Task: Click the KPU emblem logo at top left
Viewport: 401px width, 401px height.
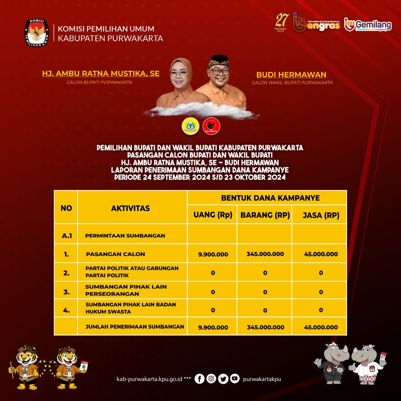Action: [x=36, y=33]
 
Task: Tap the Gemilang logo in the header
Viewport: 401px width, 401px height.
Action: [x=368, y=25]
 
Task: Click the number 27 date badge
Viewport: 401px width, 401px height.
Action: [x=282, y=22]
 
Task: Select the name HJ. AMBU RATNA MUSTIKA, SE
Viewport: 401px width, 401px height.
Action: [x=101, y=74]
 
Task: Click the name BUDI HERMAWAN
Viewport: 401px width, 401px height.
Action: [x=291, y=75]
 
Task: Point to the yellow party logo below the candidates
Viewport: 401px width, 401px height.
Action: [x=190, y=126]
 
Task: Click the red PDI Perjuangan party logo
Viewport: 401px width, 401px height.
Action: [x=211, y=126]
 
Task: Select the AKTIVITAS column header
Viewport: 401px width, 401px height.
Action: [x=130, y=208]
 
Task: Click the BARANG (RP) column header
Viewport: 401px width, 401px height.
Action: [x=265, y=215]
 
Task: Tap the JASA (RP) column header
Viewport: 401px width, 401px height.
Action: [x=321, y=215]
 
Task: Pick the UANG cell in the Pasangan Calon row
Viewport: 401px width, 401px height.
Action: [x=213, y=254]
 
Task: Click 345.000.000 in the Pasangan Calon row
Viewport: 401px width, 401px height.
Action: [x=265, y=254]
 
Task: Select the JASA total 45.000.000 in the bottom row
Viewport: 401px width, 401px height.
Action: [x=321, y=327]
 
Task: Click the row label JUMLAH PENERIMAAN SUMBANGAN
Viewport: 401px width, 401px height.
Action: [x=135, y=327]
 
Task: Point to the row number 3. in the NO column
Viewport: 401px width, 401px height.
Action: [x=66, y=292]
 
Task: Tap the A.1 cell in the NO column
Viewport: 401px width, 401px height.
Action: [x=67, y=235]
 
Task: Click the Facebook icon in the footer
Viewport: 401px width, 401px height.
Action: [x=199, y=379]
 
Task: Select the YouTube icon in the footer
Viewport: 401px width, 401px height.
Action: [x=235, y=379]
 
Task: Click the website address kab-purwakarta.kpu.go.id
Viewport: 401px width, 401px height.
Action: [x=150, y=379]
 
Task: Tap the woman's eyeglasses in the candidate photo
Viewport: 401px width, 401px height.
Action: [x=179, y=74]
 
